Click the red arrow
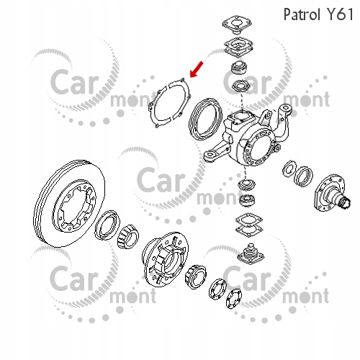197,69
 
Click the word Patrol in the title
302,14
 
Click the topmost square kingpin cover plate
237,24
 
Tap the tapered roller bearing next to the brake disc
128,236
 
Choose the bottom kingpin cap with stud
251,255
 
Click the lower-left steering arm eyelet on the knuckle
211,156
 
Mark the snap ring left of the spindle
289,168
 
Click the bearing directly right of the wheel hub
196,276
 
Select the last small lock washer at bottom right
233,300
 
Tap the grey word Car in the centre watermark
161,180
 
